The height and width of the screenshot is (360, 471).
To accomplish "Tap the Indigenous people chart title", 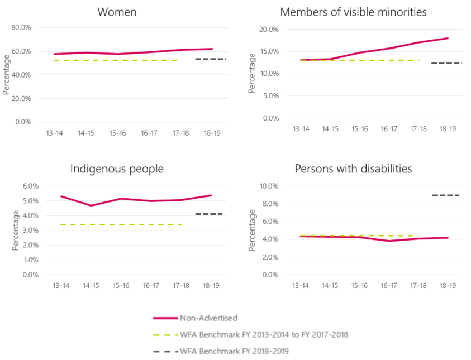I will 117,169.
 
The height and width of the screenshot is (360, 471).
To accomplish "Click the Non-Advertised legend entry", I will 208,318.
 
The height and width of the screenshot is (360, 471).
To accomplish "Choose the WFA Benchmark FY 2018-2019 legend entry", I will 235,352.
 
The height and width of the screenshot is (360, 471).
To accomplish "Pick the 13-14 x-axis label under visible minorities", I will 301,129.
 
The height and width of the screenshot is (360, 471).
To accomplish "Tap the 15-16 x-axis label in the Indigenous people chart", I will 121,286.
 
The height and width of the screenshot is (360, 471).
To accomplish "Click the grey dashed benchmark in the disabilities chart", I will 445,195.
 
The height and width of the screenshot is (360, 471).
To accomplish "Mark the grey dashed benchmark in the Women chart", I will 210,59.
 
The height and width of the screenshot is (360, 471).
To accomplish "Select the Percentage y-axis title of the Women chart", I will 6,75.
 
